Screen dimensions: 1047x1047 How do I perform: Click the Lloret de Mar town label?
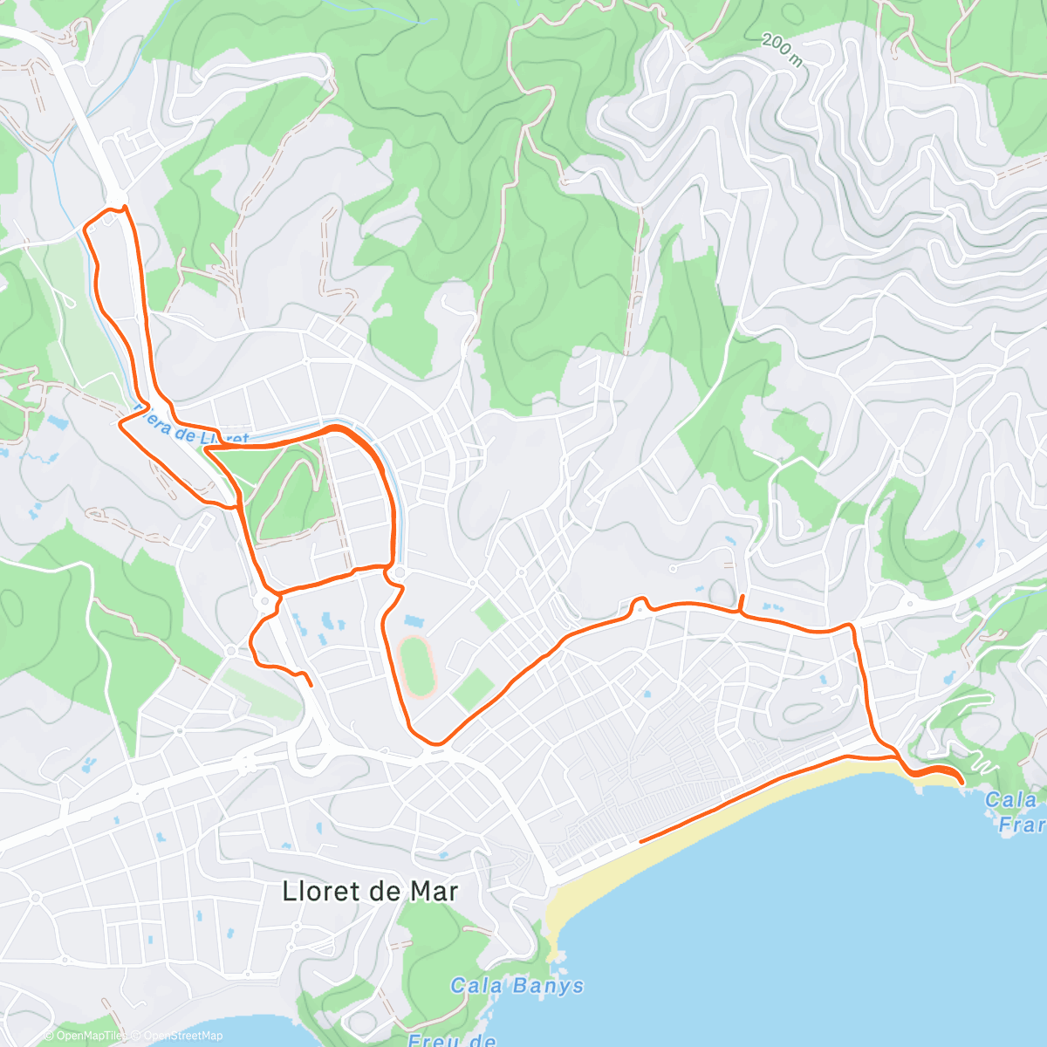click(370, 891)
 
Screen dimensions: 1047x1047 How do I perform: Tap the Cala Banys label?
click(517, 986)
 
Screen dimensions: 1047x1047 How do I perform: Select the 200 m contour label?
click(782, 51)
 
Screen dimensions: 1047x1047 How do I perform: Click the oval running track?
click(418, 667)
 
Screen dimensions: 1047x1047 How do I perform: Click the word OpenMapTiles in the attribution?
click(86, 1036)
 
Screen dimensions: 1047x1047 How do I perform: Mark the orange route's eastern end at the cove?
click(961, 781)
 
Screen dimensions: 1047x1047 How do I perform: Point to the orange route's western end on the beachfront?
click(641, 841)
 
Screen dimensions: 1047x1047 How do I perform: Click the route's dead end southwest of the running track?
click(311, 685)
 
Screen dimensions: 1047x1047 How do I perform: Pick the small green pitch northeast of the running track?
click(490, 614)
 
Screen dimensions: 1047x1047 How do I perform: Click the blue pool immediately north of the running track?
click(413, 622)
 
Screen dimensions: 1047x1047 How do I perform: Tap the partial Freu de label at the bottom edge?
click(452, 1039)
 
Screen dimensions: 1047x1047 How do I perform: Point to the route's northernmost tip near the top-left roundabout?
click(125, 207)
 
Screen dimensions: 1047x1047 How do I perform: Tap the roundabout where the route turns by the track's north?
click(398, 573)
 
